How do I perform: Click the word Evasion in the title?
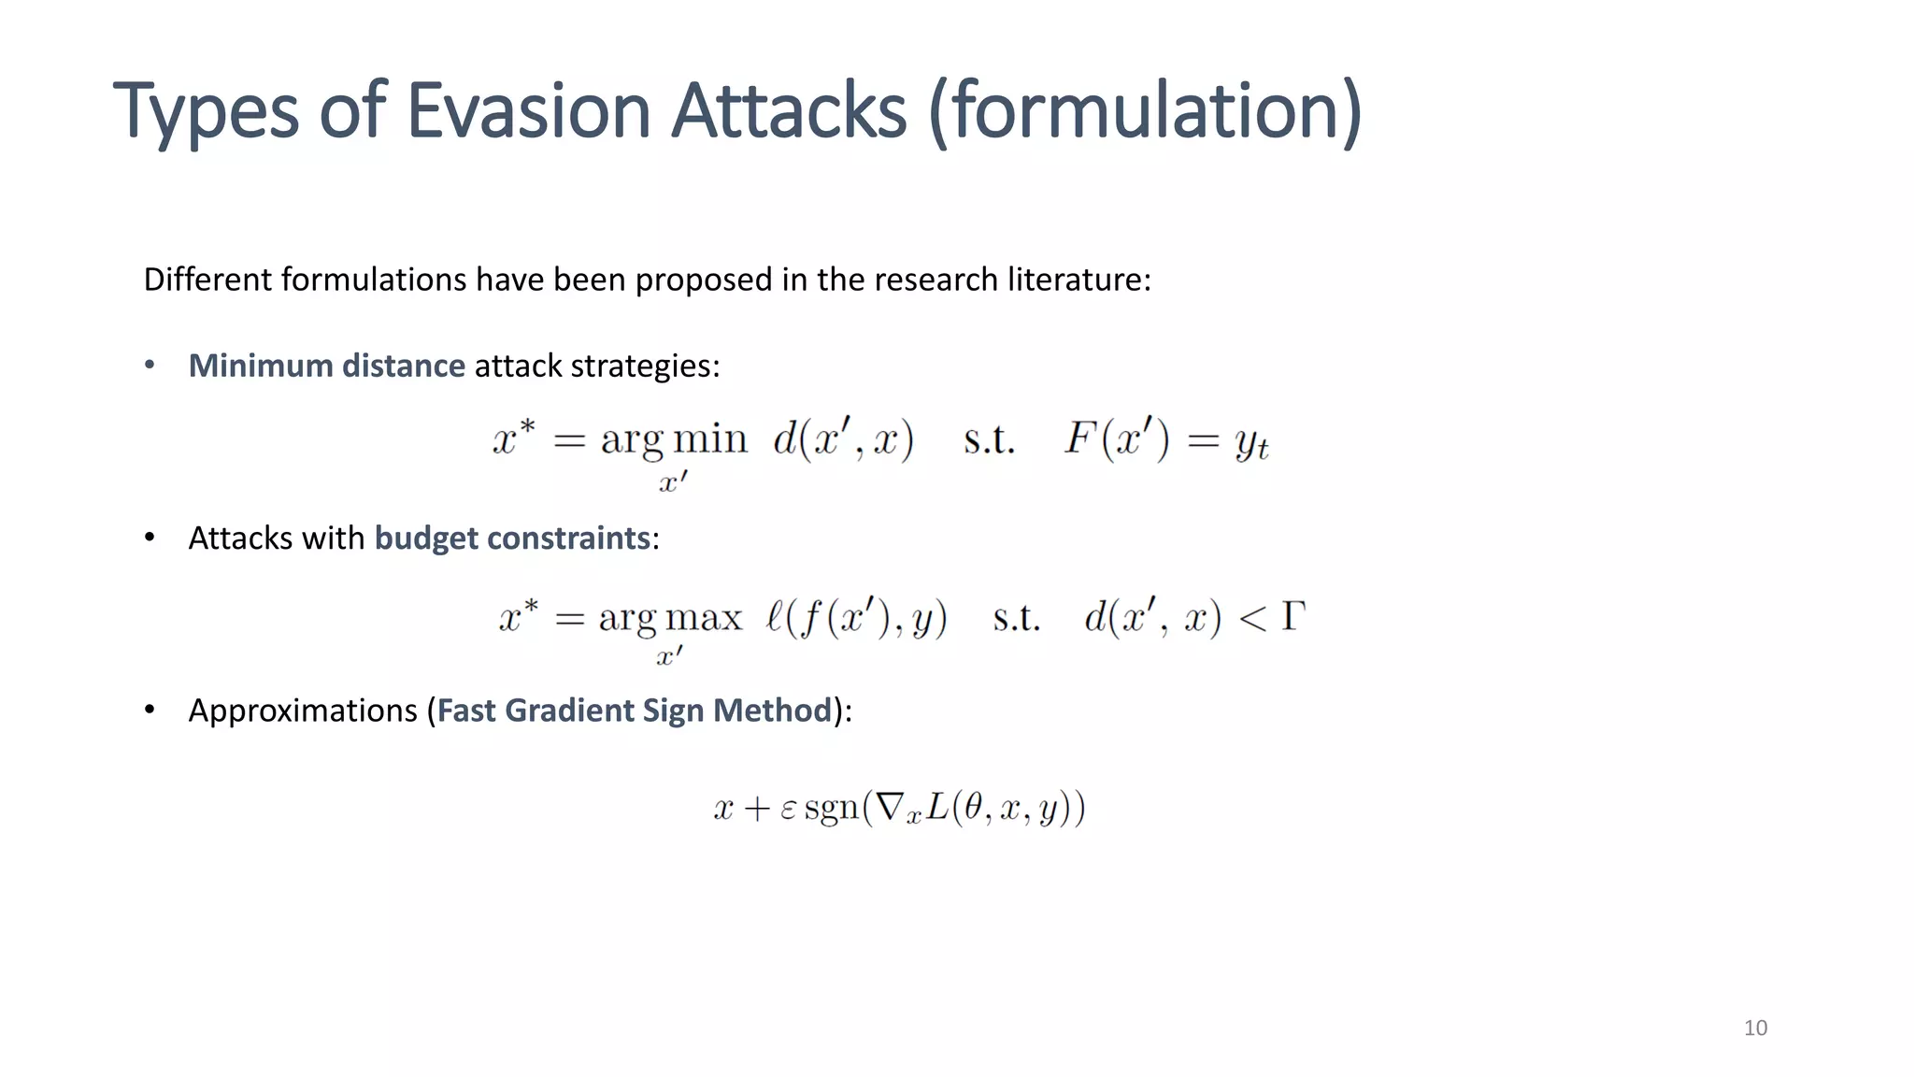(528, 110)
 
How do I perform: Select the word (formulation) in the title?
(1146, 110)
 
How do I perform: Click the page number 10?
(1755, 1028)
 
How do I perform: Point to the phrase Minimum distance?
(326, 366)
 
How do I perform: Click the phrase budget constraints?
(512, 538)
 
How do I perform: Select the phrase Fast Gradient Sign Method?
(634, 711)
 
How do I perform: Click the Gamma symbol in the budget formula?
(1293, 616)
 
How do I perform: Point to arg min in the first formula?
(673, 439)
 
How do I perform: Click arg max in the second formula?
(669, 618)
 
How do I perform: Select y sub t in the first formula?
(1250, 442)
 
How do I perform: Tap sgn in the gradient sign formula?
(831, 808)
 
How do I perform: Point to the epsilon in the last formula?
(787, 809)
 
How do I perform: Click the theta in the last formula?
(972, 806)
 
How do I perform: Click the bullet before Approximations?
(150, 711)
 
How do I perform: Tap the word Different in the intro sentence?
(207, 280)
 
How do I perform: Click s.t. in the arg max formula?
(1016, 618)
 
